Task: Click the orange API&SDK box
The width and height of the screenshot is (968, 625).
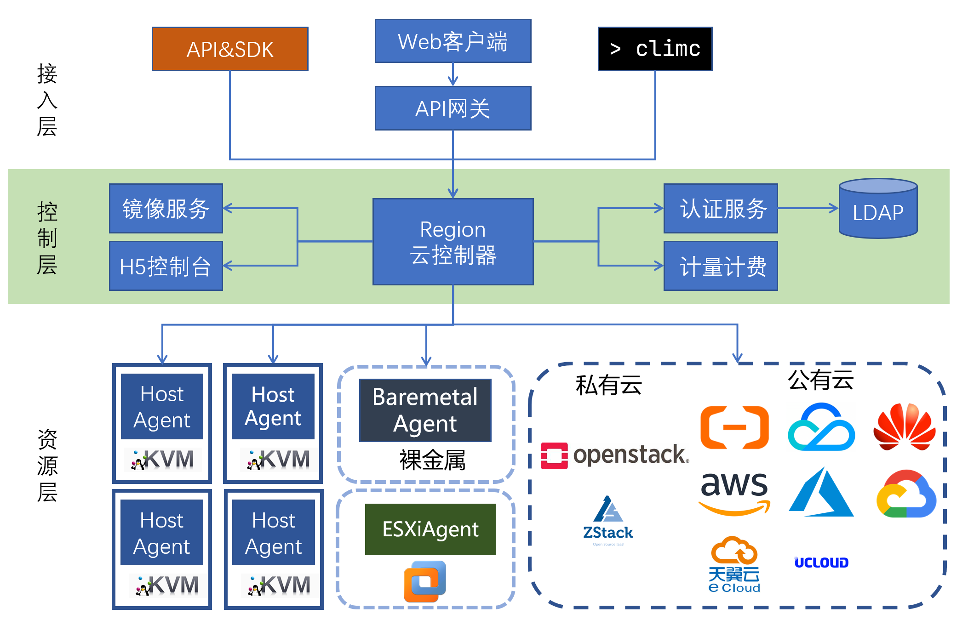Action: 230,49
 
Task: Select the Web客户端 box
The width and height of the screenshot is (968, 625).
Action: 453,41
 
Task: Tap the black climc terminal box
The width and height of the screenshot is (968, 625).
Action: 655,49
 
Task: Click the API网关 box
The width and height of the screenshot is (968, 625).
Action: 453,108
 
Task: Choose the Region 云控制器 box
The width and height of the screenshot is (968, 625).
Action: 453,242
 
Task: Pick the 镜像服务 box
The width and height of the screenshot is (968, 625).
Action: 166,209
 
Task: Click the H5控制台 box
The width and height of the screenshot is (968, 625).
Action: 166,266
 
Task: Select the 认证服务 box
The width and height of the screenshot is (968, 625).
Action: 721,209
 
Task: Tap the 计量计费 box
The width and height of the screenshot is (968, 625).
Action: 721,266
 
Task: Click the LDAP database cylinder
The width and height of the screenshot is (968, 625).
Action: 878,210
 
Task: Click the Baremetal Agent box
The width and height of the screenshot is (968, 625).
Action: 425,410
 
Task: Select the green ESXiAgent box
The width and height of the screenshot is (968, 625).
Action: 430,529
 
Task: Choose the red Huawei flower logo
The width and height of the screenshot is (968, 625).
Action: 904,427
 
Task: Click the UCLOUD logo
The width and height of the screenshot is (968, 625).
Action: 821,562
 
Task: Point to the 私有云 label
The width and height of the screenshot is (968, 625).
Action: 608,385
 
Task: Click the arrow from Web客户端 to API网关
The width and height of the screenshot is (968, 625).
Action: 453,74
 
